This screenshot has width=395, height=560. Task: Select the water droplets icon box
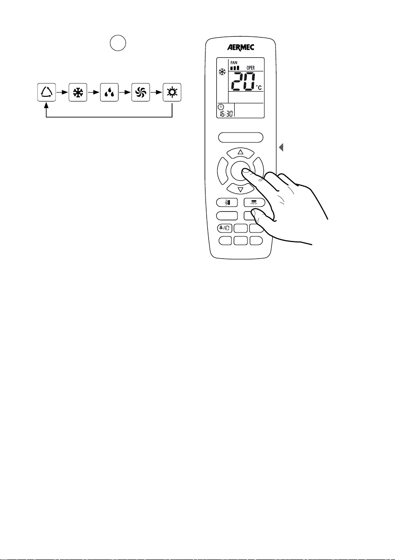[109, 92]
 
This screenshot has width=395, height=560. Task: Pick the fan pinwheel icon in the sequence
[140, 92]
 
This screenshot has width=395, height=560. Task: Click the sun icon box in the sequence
[172, 92]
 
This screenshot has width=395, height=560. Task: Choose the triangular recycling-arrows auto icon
[46, 92]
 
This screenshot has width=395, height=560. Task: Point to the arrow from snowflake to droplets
[93, 92]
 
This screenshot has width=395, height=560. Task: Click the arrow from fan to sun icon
[156, 92]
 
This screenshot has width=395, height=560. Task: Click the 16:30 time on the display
[225, 113]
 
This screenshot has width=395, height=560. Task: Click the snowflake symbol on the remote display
[221, 72]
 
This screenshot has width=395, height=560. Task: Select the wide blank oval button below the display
[240, 137]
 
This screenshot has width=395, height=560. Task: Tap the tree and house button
[224, 228]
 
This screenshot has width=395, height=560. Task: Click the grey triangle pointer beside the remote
[281, 148]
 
